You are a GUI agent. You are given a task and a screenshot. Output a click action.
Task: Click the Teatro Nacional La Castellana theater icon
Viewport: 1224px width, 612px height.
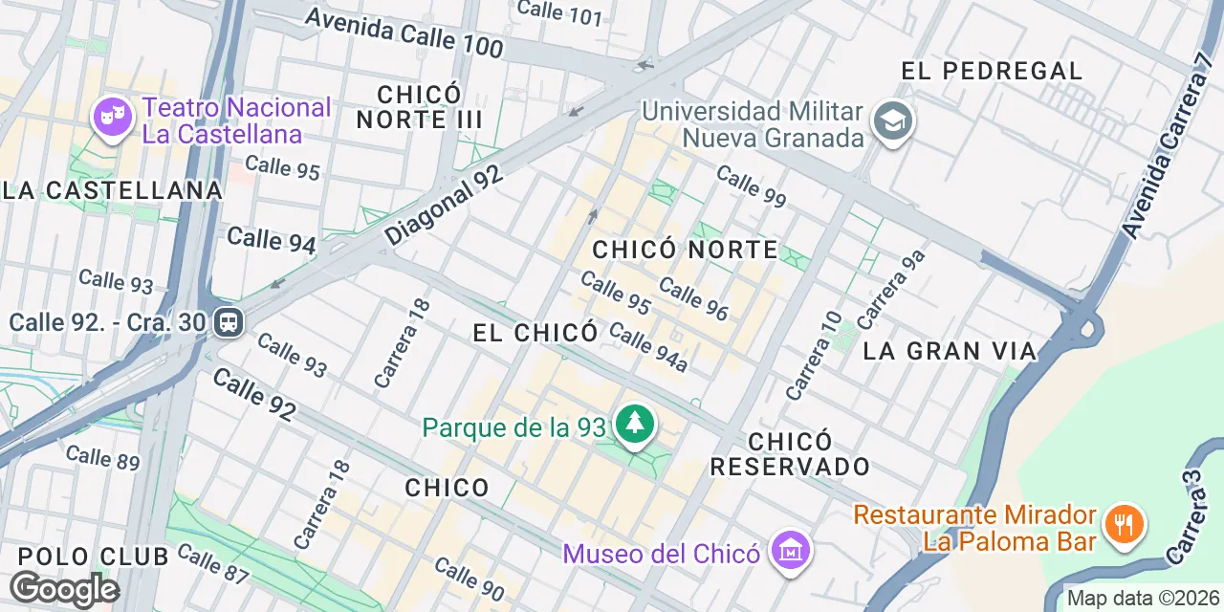113,118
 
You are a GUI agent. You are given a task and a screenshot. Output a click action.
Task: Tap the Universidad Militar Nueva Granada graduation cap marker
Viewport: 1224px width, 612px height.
894,121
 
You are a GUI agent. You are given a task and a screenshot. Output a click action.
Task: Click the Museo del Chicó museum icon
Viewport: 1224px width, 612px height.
791,551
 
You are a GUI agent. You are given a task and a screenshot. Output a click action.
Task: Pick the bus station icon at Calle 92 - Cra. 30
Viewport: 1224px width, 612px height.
229,321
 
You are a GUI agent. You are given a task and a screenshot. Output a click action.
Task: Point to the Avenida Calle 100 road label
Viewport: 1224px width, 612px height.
404,33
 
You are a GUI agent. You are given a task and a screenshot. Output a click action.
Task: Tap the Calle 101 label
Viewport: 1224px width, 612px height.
559,11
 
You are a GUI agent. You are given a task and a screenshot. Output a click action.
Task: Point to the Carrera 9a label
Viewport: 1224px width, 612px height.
891,288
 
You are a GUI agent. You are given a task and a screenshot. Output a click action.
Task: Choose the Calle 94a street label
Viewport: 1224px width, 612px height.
648,347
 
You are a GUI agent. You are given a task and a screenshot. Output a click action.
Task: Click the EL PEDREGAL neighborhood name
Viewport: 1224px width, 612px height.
992,71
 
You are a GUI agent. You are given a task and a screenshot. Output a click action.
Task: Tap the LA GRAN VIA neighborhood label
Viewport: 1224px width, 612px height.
950,351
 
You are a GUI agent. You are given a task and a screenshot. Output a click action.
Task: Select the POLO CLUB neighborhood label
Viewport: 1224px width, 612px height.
93,557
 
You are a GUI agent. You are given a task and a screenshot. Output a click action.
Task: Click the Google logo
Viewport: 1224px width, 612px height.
63,589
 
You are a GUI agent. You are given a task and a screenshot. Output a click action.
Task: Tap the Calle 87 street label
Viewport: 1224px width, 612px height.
212,564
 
